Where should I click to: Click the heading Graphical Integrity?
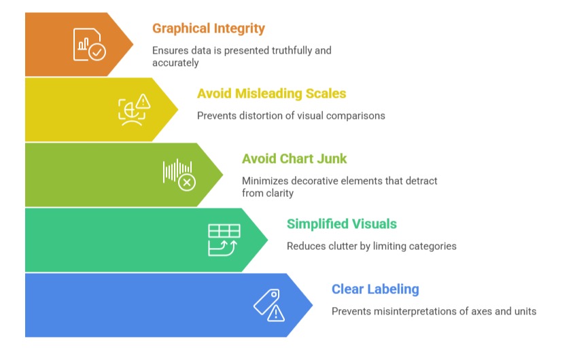coord(208,29)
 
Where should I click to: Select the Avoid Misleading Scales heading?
coord(271,94)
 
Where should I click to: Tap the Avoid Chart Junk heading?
coord(294,159)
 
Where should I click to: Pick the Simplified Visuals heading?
coord(342,224)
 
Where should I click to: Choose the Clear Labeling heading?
coord(375,289)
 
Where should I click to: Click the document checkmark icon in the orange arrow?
coord(90,44)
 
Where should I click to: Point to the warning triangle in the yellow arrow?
coord(143,101)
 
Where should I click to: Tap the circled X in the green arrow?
coord(187,182)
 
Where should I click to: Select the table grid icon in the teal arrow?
coord(224,231)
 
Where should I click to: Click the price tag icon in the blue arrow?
coord(267,302)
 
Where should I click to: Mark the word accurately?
coord(175,62)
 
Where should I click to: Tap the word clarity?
coord(279,193)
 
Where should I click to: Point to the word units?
coord(525,311)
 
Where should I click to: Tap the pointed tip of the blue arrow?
coord(313,305)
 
